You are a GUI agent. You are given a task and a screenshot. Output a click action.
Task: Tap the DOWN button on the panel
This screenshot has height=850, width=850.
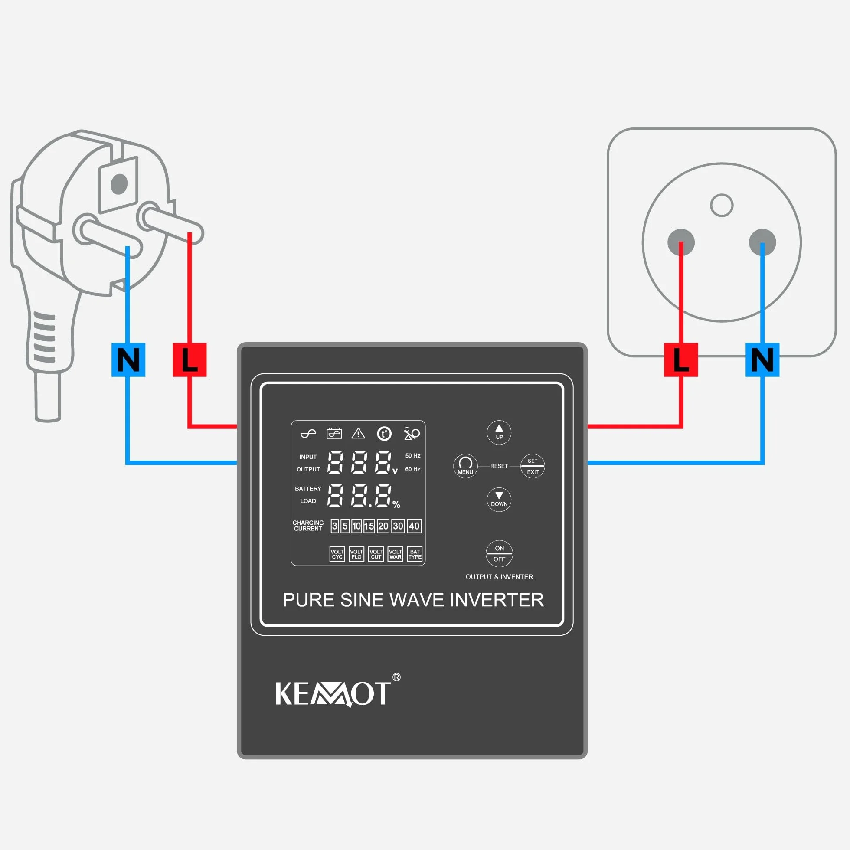click(499, 499)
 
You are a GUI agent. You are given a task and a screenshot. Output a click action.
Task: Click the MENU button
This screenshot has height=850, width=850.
click(465, 466)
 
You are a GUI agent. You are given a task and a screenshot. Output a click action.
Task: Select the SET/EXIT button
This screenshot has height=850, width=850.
click(533, 466)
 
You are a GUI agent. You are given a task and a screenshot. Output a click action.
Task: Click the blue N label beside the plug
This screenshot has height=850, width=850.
click(128, 360)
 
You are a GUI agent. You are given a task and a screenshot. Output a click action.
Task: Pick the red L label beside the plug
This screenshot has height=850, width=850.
click(189, 360)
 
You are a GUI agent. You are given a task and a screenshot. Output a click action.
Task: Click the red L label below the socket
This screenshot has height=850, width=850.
click(680, 360)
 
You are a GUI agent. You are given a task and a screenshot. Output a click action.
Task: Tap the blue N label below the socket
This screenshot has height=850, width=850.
click(762, 360)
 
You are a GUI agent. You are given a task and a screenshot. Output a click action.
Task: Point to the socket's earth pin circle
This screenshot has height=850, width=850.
click(722, 205)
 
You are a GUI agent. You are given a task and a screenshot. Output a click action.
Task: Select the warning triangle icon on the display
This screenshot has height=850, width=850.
click(358, 434)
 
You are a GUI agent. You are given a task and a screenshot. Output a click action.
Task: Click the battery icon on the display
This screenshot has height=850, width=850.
click(334, 433)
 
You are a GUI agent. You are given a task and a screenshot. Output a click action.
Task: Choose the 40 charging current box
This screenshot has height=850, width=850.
click(414, 526)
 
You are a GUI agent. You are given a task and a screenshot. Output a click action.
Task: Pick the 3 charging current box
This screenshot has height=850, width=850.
click(334, 526)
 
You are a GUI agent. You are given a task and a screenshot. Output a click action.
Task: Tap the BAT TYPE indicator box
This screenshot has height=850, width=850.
click(415, 554)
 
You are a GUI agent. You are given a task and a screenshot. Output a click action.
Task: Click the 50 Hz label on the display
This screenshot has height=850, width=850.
click(413, 456)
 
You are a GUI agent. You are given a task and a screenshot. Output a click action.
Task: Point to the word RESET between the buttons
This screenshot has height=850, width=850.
click(499, 466)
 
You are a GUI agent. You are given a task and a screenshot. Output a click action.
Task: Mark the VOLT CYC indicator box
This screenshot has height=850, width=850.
click(337, 554)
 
